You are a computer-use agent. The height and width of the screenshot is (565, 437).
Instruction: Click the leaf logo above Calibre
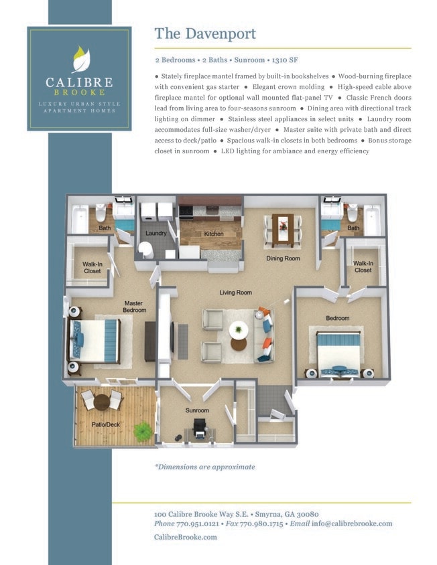[80, 59]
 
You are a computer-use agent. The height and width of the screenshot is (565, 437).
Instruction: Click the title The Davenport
[205, 33]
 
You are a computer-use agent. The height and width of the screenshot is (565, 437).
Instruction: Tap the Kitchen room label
[214, 234]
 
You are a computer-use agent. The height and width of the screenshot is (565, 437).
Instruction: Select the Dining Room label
[283, 258]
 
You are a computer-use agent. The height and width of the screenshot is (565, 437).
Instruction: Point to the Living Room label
[235, 293]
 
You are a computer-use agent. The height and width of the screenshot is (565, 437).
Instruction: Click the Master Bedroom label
[134, 307]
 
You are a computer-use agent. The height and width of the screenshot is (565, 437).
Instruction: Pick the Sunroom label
[197, 410]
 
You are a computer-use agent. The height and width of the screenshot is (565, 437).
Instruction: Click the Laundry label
[155, 234]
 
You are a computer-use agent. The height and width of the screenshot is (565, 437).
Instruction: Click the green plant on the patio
[143, 432]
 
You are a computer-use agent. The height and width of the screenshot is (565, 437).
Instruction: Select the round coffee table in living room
[239, 331]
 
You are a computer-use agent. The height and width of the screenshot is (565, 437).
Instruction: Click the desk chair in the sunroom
[199, 428]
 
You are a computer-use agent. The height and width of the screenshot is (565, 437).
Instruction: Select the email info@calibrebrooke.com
[351, 523]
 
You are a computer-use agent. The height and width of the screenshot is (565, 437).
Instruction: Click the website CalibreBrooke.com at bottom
[185, 537]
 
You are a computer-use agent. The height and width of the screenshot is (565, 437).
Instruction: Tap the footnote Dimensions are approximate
[204, 467]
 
